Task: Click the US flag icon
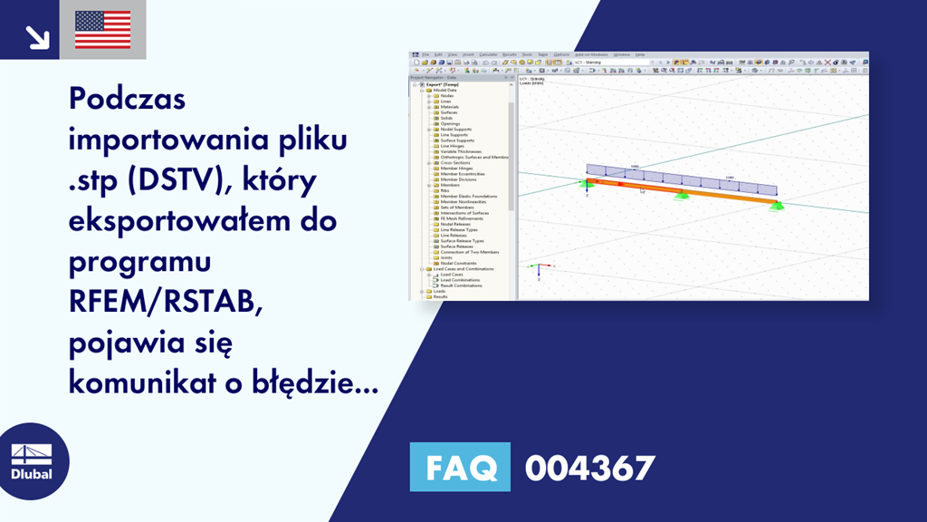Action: tap(102, 30)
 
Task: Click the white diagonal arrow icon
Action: tap(36, 35)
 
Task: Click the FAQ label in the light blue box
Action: tap(460, 468)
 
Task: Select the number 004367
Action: tap(589, 468)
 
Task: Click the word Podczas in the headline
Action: tap(127, 99)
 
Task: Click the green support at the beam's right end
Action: tap(776, 207)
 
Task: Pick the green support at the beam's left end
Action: tap(587, 185)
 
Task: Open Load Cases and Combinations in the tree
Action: tap(462, 269)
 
